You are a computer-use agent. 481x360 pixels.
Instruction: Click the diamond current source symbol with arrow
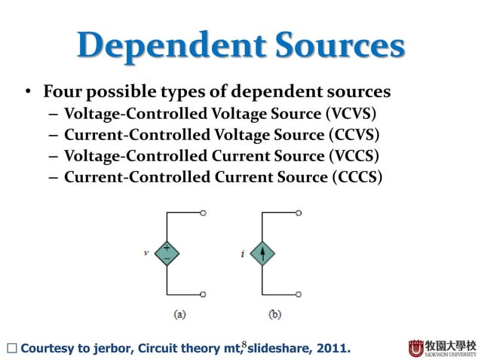262,253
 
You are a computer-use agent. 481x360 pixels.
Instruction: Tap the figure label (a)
179,314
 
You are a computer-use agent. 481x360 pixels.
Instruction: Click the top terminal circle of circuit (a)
204,213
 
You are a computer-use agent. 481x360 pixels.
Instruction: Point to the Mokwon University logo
442,349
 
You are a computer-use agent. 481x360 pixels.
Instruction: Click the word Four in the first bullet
60,92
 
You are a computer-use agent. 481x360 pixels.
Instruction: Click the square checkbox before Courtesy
11,349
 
